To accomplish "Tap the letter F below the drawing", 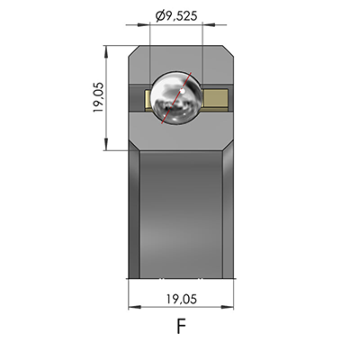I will [181, 327].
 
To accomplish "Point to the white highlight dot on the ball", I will [183, 90].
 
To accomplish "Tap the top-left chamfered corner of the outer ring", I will [135, 49].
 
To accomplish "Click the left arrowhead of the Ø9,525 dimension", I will [154, 26].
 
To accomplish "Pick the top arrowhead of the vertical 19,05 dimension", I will [109, 49].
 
